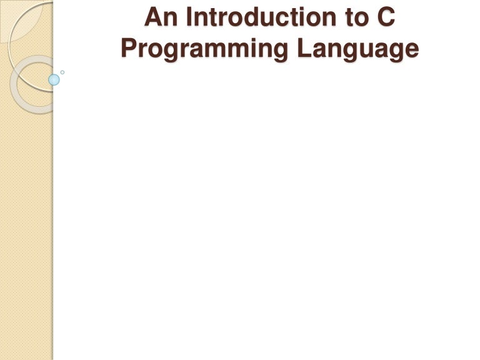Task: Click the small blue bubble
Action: click(x=54, y=79)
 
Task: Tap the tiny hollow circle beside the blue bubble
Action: click(x=62, y=72)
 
